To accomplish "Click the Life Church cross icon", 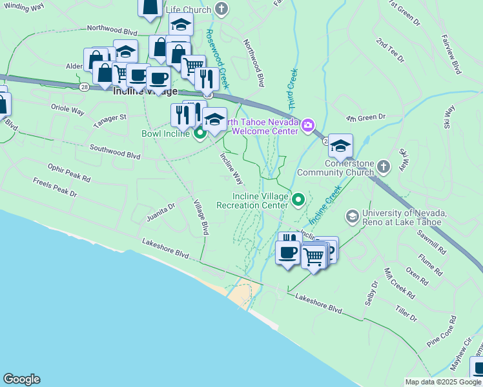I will point(222,9).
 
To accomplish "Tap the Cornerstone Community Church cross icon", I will point(384,168).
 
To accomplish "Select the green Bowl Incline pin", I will point(200,134).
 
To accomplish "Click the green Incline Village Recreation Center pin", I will point(298,200).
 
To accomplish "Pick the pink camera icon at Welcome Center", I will point(308,124).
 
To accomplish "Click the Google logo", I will point(21,379).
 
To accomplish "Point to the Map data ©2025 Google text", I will point(442,382).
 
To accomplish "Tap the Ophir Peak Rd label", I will point(69,172).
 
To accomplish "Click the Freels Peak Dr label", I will point(55,188).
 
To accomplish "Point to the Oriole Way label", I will point(67,110).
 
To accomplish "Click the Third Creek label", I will point(291,88).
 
